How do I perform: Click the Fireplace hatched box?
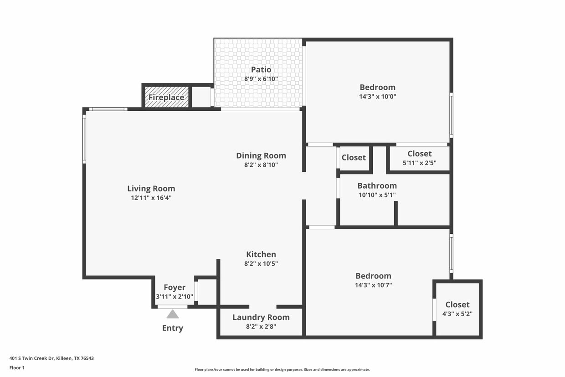pyautogui.click(x=166, y=97)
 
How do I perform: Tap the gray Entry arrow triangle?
pyautogui.click(x=172, y=314)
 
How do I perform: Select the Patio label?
pyautogui.click(x=261, y=70)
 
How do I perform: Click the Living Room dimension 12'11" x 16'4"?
pyautogui.click(x=151, y=198)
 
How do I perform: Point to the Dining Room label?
pyautogui.click(x=261, y=155)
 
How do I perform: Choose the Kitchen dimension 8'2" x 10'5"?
pyautogui.click(x=261, y=263)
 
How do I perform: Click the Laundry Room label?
pyautogui.click(x=261, y=317)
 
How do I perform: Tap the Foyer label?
pyautogui.click(x=175, y=287)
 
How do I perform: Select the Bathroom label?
pyautogui.click(x=377, y=186)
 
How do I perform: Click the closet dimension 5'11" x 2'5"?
pyautogui.click(x=419, y=163)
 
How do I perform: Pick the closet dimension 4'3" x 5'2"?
pyautogui.click(x=457, y=314)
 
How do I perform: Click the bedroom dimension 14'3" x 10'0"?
pyautogui.click(x=377, y=97)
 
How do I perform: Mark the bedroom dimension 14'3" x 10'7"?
pyautogui.click(x=373, y=285)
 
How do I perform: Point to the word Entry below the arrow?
pyautogui.click(x=173, y=328)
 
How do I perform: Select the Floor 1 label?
pyautogui.click(x=17, y=367)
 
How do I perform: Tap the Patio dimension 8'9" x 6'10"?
pyautogui.click(x=261, y=79)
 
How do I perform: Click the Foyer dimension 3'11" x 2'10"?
pyautogui.click(x=175, y=297)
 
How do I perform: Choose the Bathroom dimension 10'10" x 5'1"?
pyautogui.click(x=377, y=195)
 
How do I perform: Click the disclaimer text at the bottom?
pyautogui.click(x=282, y=370)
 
